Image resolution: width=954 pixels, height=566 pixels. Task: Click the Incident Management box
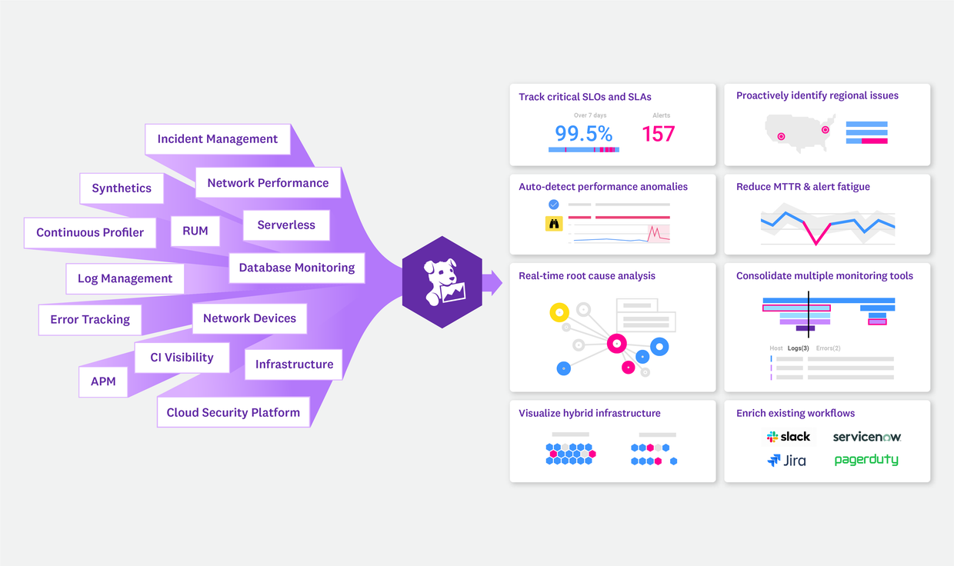pyautogui.click(x=218, y=139)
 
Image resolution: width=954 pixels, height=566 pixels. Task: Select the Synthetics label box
pyautogui.click(x=122, y=188)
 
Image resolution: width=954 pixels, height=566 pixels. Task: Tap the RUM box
pyautogui.click(x=195, y=231)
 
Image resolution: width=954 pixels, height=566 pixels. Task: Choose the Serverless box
pyautogui.click(x=286, y=225)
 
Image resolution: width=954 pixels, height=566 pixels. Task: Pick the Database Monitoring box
pyautogui.click(x=296, y=268)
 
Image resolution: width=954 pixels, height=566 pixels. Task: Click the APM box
pyautogui.click(x=103, y=381)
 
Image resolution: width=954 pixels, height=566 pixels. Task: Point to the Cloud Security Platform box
pyautogui.click(x=233, y=412)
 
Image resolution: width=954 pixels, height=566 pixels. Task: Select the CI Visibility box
pyautogui.click(x=182, y=358)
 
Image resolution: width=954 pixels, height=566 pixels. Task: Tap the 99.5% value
pyautogui.click(x=584, y=134)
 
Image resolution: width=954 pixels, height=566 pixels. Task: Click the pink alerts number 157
pyautogui.click(x=659, y=135)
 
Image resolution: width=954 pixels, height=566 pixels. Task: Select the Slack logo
pyautogui.click(x=789, y=437)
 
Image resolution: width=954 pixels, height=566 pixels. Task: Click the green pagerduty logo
pyautogui.click(x=866, y=460)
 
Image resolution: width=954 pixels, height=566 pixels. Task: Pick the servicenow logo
pyautogui.click(x=867, y=437)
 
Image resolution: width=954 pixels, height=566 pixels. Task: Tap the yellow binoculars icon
pyautogui.click(x=554, y=224)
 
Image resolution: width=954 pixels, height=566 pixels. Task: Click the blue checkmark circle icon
pyautogui.click(x=554, y=205)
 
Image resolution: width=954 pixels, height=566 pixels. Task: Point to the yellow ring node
pyautogui.click(x=559, y=312)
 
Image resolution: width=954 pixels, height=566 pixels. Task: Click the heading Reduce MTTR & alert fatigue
pyautogui.click(x=802, y=187)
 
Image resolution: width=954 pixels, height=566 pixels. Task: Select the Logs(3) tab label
pyautogui.click(x=798, y=348)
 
